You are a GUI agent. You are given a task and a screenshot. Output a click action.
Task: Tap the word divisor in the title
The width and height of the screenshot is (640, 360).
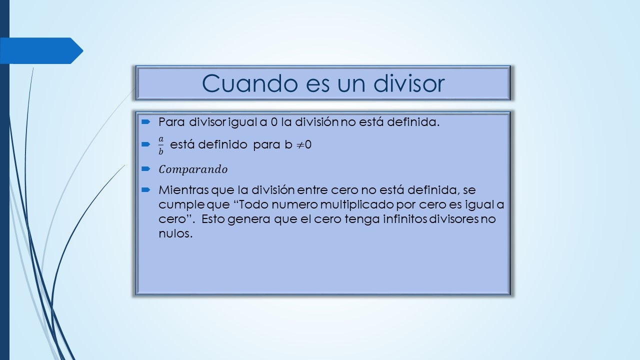(408, 83)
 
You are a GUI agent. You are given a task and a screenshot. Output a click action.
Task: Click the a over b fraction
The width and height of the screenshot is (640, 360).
(161, 145)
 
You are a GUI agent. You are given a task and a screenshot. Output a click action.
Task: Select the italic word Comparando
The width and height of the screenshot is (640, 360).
(193, 169)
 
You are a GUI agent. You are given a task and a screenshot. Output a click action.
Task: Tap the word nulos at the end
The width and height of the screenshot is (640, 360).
(175, 233)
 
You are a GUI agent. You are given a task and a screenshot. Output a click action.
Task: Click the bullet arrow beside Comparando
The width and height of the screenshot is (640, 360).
(145, 169)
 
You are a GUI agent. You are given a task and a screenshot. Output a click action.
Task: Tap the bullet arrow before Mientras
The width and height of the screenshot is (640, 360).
(145, 189)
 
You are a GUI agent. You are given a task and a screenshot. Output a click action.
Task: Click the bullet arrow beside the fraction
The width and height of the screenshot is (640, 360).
(145, 144)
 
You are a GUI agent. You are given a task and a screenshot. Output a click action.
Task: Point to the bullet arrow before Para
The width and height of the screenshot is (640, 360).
(145, 122)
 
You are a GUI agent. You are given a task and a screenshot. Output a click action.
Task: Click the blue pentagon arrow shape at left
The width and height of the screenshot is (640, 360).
(41, 50)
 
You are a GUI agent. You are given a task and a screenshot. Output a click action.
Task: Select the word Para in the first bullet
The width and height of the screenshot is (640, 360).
(171, 122)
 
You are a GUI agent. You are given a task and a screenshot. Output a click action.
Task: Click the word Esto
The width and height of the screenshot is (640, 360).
(213, 219)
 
